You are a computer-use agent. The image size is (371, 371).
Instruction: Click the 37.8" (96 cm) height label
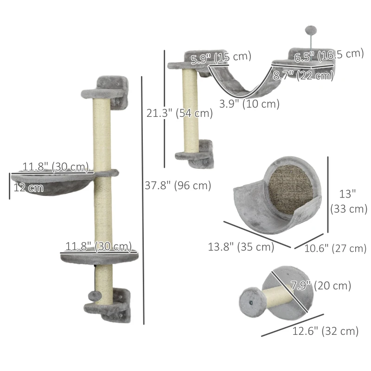tap(178, 185)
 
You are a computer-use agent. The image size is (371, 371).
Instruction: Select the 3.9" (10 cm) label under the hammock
tap(249, 104)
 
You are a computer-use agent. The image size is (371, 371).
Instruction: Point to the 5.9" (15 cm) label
tap(221, 57)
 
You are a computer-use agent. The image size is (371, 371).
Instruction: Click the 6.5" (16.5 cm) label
tap(329, 55)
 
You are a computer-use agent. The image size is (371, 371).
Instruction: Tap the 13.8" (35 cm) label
tap(241, 247)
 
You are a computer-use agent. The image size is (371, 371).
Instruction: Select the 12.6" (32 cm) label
tap(326, 331)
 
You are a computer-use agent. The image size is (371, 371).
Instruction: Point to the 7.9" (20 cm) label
tap(320, 286)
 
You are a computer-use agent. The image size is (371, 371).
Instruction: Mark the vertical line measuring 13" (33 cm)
tap(328, 195)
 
